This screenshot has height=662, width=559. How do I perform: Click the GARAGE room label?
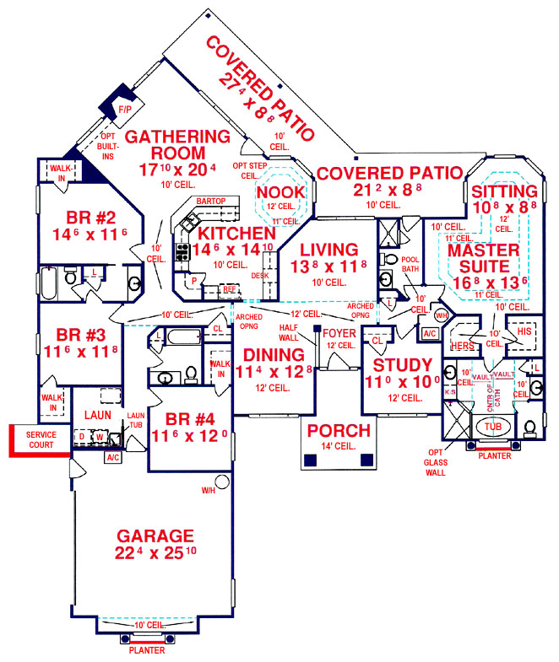(155, 536)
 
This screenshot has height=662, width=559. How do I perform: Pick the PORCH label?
(338, 431)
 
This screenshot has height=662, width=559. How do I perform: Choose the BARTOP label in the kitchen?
(209, 202)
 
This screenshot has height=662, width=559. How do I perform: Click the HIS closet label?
(524, 331)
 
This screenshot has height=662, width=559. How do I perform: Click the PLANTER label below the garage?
(147, 650)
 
